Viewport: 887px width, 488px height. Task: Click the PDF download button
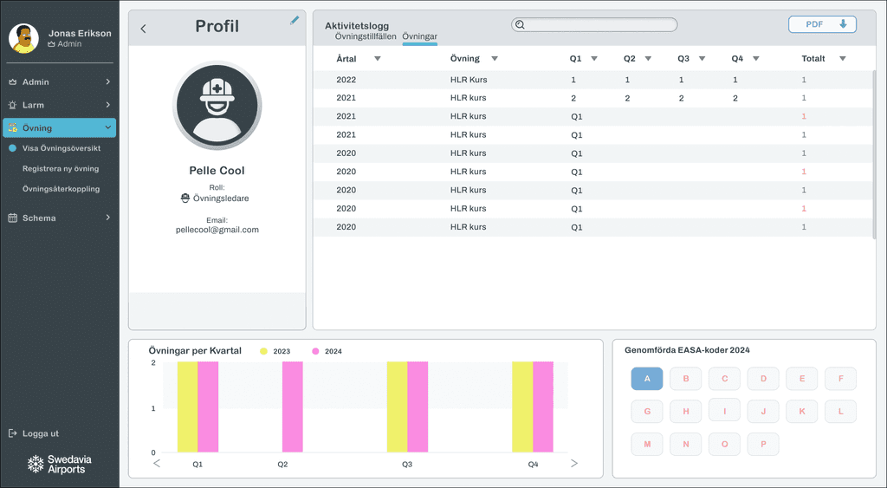(x=822, y=24)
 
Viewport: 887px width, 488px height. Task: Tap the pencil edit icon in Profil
(x=295, y=21)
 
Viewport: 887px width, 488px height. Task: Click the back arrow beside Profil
(x=143, y=29)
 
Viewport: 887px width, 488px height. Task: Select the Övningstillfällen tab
(x=366, y=36)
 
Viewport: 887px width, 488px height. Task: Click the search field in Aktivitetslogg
(x=594, y=24)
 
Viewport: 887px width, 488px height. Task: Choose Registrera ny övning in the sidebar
(x=61, y=168)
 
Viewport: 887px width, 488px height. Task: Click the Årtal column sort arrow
(x=378, y=58)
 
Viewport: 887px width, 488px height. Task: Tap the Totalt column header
(x=813, y=58)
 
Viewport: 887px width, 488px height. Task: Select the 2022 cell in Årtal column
(x=346, y=80)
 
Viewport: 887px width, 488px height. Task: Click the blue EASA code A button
(x=647, y=379)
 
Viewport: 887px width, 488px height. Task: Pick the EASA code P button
(x=763, y=445)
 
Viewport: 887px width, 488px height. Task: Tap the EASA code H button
(x=686, y=412)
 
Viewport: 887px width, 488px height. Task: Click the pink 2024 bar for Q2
(x=293, y=407)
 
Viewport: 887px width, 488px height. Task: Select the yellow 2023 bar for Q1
(x=187, y=407)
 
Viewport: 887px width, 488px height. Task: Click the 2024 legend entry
(x=327, y=351)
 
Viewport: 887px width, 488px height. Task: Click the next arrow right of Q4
(x=574, y=463)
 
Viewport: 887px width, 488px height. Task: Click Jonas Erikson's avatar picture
(x=23, y=38)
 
